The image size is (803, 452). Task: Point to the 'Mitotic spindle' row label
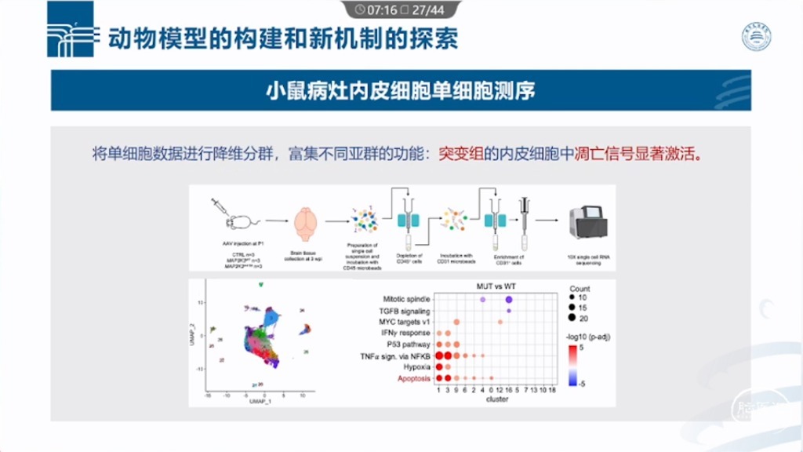coord(406,299)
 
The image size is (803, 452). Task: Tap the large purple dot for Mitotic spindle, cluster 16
coord(510,299)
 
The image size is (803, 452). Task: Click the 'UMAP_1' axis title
coord(260,401)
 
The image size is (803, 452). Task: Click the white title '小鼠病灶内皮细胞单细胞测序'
coord(401,90)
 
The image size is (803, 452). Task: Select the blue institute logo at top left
coord(71,30)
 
